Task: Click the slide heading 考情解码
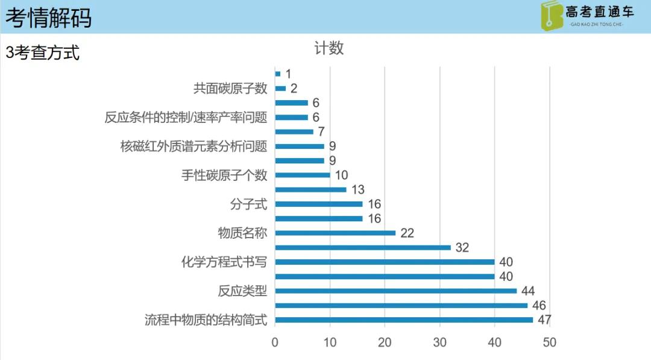point(49,17)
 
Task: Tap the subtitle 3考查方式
point(43,53)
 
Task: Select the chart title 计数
point(329,48)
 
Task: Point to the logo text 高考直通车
point(600,12)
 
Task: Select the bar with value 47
point(404,320)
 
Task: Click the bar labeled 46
point(401,305)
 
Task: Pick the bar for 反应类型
point(395,291)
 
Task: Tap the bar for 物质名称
point(335,233)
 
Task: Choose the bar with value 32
point(363,247)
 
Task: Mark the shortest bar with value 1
point(278,74)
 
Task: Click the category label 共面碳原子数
point(230,89)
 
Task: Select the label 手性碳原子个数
point(224,175)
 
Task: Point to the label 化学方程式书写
point(224,262)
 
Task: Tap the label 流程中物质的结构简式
point(206,320)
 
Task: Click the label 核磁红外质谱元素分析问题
point(193,147)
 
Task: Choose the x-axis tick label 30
point(440,343)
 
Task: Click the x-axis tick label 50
point(549,343)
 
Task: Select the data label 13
point(358,190)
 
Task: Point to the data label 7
point(321,132)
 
